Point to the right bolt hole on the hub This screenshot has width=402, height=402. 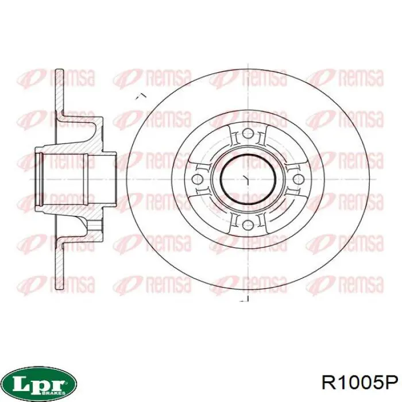pos(297,180)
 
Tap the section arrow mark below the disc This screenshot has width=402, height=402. pos(243,299)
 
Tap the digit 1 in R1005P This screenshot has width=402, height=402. pos(341,381)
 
